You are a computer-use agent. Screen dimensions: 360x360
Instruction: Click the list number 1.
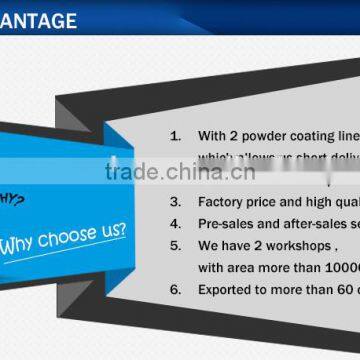(x=175, y=135)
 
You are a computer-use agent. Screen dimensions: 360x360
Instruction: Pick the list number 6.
(x=175, y=288)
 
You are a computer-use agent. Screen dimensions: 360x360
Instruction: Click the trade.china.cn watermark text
(x=180, y=171)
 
